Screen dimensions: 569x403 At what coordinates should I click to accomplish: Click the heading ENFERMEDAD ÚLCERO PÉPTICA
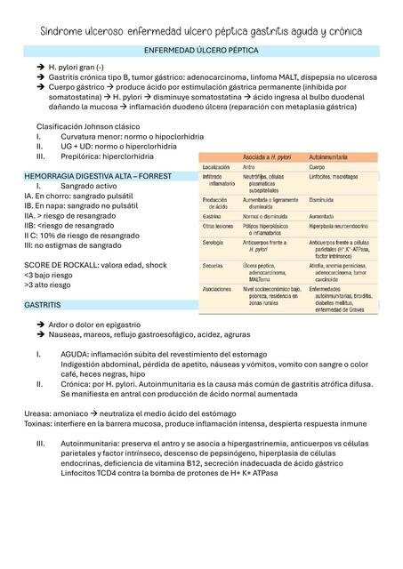(x=202, y=51)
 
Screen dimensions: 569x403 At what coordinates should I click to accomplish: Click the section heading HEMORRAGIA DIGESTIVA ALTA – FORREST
(x=98, y=177)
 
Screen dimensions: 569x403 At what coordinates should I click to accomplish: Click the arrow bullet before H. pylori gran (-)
(x=40, y=67)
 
